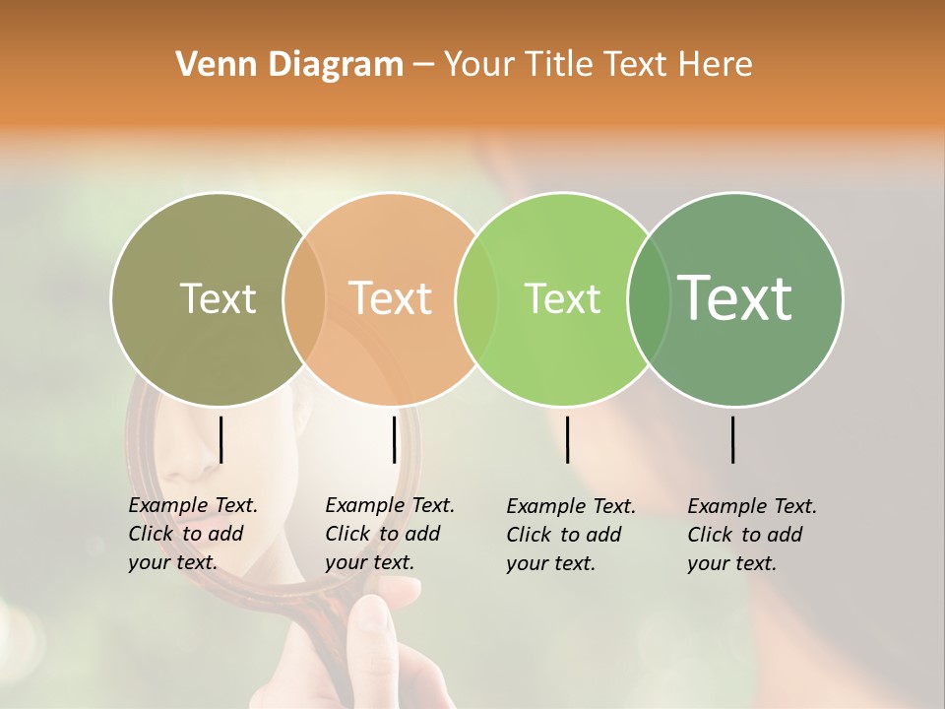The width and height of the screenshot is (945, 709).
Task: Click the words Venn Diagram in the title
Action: click(x=289, y=65)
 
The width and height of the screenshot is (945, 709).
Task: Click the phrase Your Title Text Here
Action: click(x=598, y=65)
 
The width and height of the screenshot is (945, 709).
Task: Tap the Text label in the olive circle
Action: click(x=218, y=299)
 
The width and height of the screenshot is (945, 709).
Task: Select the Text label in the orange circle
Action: click(x=391, y=298)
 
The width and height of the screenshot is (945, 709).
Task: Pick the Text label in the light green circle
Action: click(x=562, y=299)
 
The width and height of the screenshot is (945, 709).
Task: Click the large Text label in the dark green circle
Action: click(x=735, y=297)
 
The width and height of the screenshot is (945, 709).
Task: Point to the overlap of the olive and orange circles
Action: click(x=304, y=299)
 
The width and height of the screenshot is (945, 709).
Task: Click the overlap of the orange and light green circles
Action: click(x=476, y=299)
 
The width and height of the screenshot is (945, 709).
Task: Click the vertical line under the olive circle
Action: click(x=221, y=439)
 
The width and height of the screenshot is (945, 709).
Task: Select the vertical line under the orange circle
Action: click(x=394, y=439)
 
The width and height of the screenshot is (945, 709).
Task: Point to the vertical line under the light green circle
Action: click(x=567, y=439)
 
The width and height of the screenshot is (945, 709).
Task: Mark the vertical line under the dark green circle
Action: click(x=733, y=439)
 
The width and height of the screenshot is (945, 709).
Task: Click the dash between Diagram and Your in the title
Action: click(x=423, y=66)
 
